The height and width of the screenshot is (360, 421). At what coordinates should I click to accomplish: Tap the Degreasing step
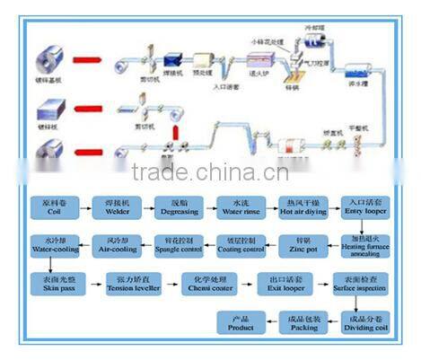175,207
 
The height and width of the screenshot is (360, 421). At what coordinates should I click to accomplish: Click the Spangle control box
175,245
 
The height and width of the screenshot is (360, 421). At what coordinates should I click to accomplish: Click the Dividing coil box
359,321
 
